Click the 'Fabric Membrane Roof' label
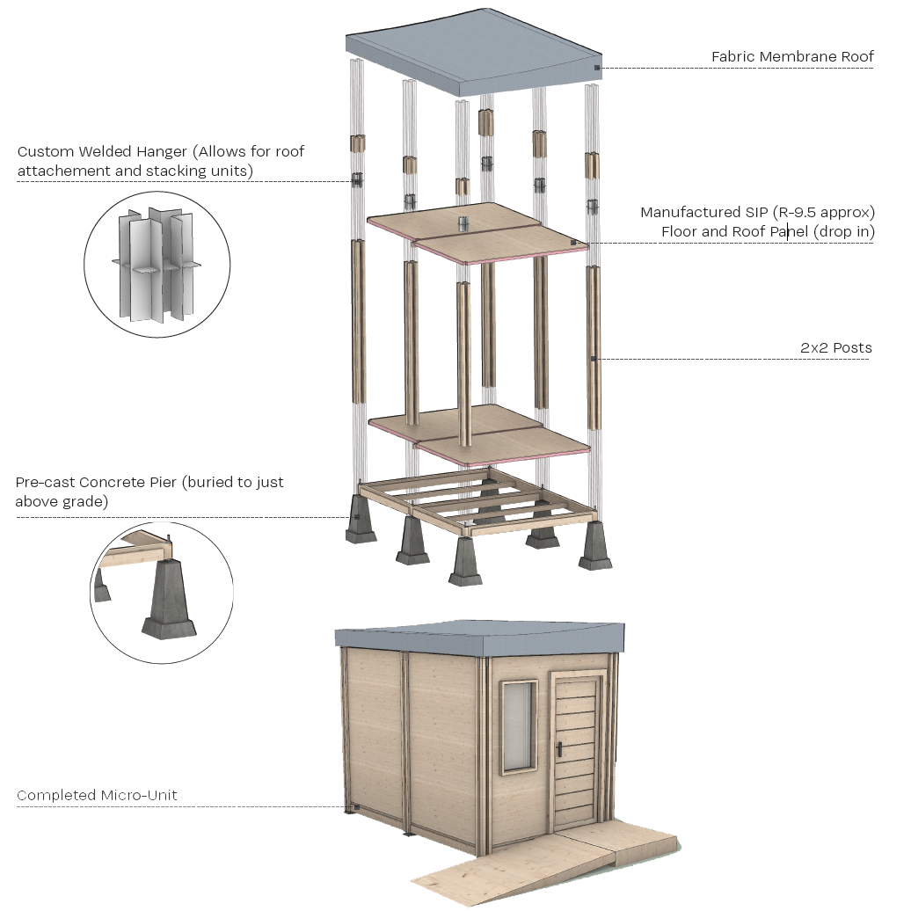click(x=791, y=57)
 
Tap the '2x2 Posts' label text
click(x=835, y=348)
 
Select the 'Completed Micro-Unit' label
click(x=97, y=796)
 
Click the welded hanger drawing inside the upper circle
click(x=157, y=264)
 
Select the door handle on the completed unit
click(x=559, y=749)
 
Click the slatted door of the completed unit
click(x=576, y=747)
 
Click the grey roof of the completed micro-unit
click(x=479, y=640)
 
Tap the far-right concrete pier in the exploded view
click(x=596, y=545)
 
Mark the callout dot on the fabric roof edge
click(x=596, y=68)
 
